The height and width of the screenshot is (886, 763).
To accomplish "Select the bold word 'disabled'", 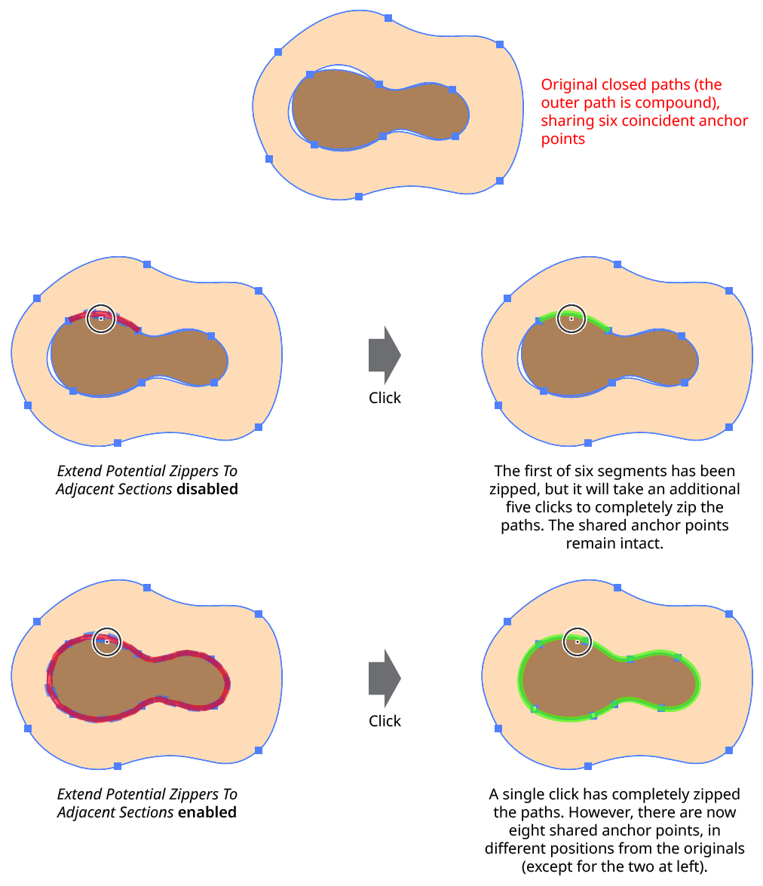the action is pyautogui.click(x=207, y=489).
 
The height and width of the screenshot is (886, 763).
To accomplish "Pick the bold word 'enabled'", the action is pyautogui.click(x=207, y=812).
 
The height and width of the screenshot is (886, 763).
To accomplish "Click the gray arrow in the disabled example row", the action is pyautogui.click(x=385, y=355).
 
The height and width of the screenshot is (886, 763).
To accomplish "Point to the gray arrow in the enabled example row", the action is pyautogui.click(x=385, y=678).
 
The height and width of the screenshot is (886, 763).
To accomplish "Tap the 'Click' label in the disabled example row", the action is pyautogui.click(x=385, y=398).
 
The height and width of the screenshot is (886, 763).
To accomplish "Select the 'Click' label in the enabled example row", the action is pyautogui.click(x=385, y=721).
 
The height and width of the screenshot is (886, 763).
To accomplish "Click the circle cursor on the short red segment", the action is pyautogui.click(x=101, y=304).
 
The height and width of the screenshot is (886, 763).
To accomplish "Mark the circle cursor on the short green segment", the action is pyautogui.click(x=571, y=304).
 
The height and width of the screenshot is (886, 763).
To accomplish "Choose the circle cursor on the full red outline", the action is pyautogui.click(x=106, y=628).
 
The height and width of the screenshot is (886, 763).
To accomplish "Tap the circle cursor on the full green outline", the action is pyautogui.click(x=577, y=628).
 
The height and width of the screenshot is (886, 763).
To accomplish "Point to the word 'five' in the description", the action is pyautogui.click(x=519, y=507).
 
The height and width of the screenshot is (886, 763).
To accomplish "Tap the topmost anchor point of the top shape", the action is pyautogui.click(x=388, y=18).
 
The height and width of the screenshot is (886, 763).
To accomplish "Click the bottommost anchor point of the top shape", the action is pyautogui.click(x=359, y=197).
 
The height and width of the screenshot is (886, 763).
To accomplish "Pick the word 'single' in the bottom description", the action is pyautogui.click(x=524, y=794).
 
